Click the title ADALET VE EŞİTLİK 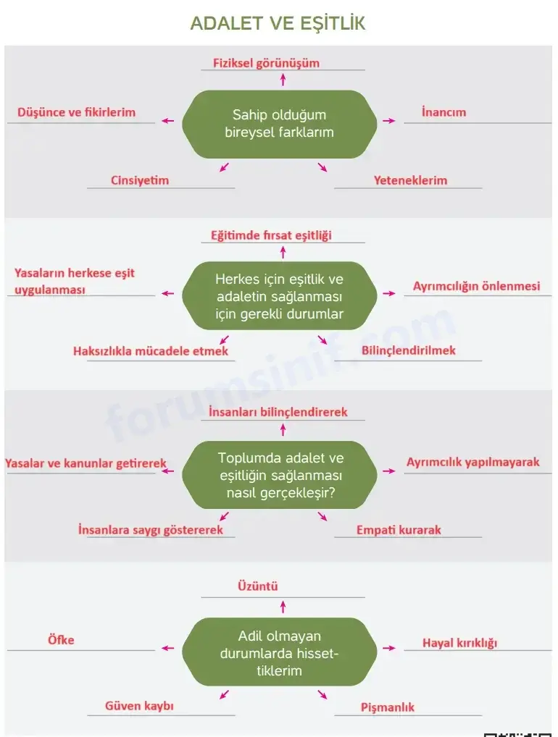pos(278,23)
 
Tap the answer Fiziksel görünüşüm pos(266,63)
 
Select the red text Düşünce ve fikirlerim pos(76,112)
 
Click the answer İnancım pos(444,112)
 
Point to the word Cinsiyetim pos(140,180)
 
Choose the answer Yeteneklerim pos(410,180)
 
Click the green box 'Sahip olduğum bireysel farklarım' pos(280,124)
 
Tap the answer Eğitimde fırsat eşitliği pos(271,235)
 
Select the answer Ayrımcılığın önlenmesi pos(476,286)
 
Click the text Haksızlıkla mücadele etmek pos(151,350)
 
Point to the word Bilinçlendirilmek pos(409,350)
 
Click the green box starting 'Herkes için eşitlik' pos(280,296)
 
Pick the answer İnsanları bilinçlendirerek pos(278,412)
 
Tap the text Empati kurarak pos(399,530)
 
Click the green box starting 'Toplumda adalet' pos(280,475)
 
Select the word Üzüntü pos(258,586)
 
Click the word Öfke pos(61,640)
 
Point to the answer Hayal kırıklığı pos(459,643)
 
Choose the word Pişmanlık pos(388,707)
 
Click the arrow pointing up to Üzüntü pos(283,607)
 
